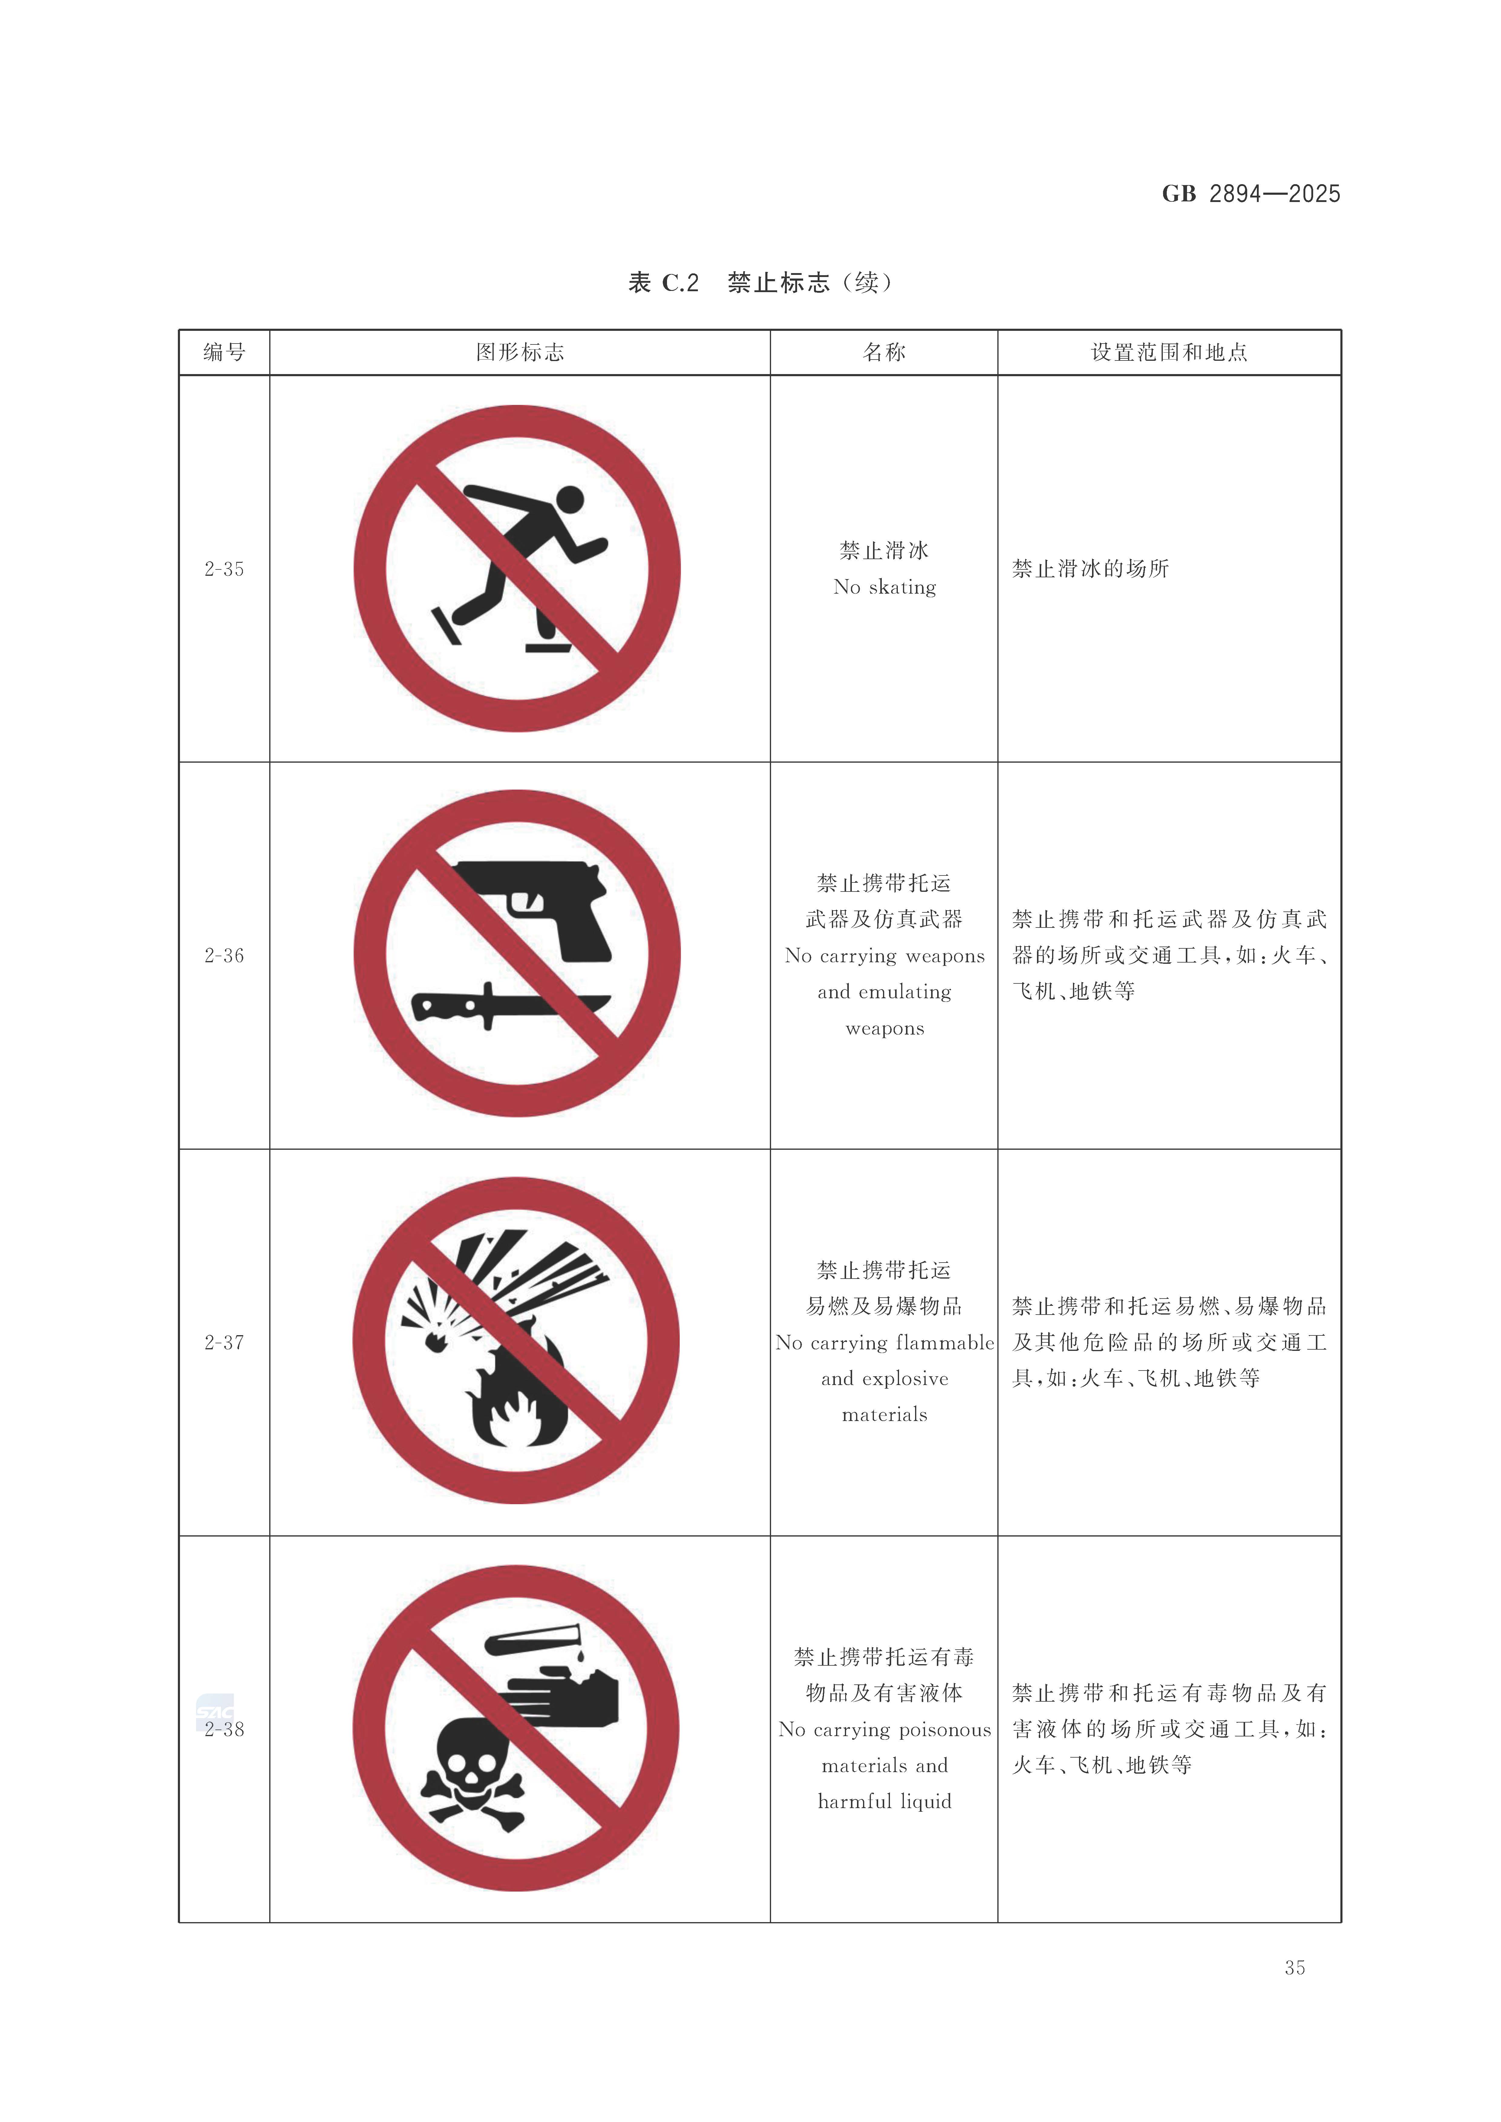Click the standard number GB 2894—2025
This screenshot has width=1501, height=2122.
(1251, 194)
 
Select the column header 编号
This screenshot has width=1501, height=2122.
(224, 352)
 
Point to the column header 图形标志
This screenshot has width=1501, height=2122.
(519, 352)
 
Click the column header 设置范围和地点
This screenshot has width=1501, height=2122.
(1169, 352)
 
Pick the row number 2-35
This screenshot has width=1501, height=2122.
(224, 569)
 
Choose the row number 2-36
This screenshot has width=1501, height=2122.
(224, 956)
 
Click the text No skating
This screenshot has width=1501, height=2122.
(885, 587)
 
